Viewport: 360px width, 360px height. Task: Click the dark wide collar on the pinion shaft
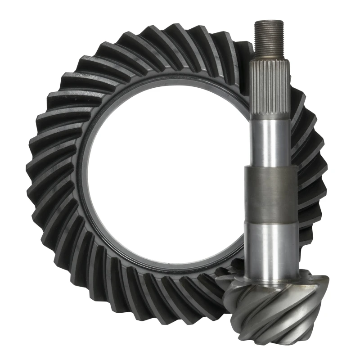[x=270, y=194]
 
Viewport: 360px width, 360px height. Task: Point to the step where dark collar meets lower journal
[x=270, y=224]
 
